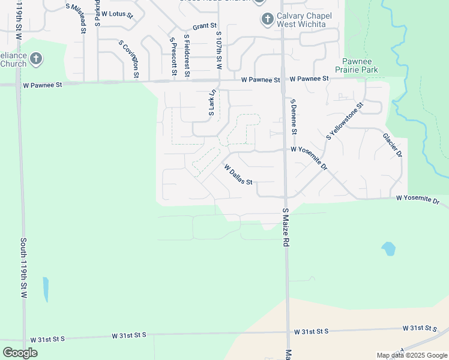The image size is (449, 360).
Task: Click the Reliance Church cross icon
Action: [x=36, y=59]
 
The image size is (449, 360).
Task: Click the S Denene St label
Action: [x=294, y=117]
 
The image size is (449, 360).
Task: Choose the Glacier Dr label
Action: [x=392, y=145]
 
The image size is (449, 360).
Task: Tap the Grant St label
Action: [x=204, y=27]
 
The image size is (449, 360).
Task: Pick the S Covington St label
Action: [x=129, y=60]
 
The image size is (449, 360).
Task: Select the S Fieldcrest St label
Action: [x=187, y=55]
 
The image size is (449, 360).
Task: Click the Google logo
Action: [x=20, y=353]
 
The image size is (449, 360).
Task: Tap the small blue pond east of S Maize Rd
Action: [x=388, y=248]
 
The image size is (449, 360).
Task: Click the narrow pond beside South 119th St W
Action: [x=46, y=289]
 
